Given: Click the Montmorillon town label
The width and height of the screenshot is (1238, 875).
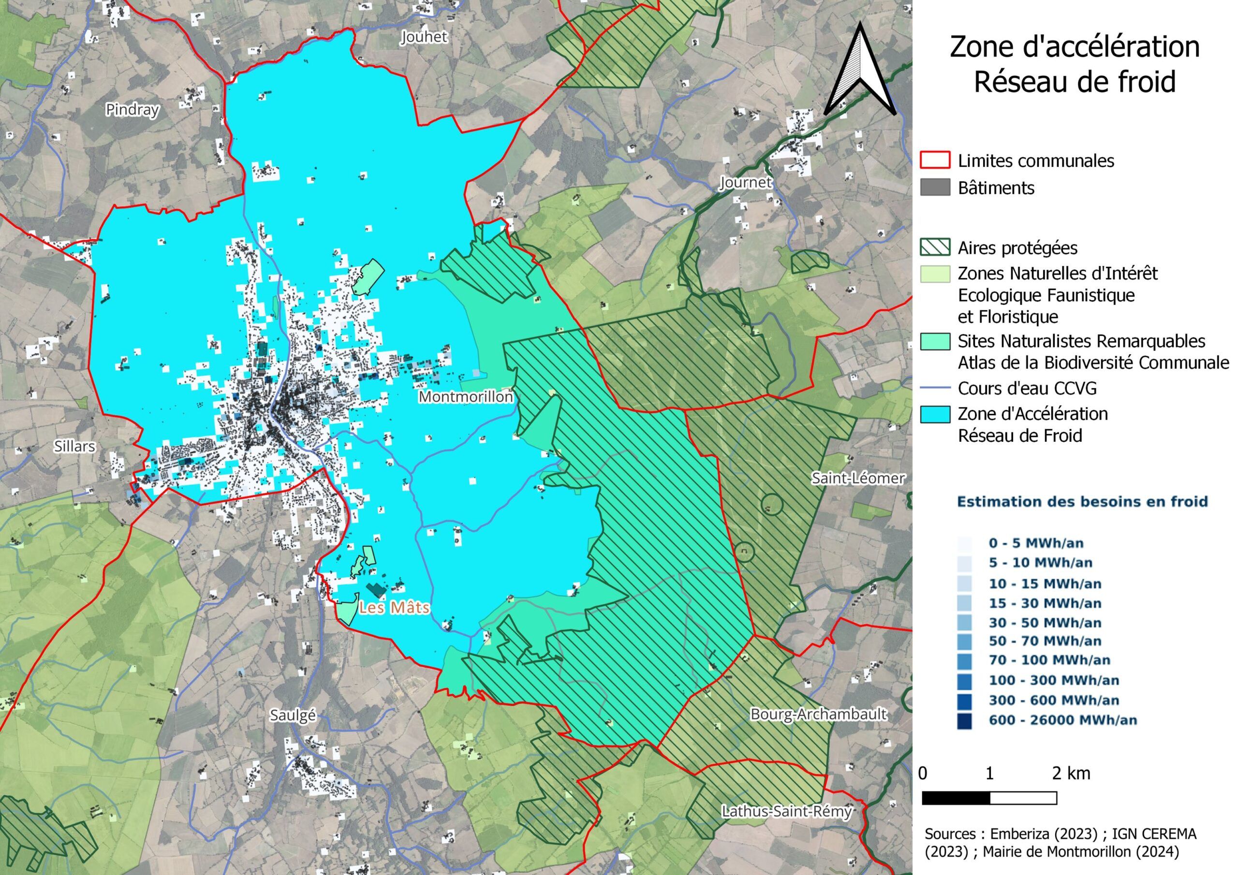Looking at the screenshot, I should [466, 397].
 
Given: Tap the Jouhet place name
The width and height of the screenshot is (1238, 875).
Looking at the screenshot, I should [424, 37].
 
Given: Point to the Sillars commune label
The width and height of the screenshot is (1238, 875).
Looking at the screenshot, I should [74, 446].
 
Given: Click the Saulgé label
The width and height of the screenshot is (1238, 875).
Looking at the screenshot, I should [293, 715].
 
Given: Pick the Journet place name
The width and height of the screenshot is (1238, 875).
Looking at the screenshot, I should [746, 183].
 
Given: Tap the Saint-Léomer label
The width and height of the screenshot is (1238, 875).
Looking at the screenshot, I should [858, 478].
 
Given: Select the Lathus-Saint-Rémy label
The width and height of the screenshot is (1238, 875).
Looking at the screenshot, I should [787, 811].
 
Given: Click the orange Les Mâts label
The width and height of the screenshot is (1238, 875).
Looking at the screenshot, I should [395, 608].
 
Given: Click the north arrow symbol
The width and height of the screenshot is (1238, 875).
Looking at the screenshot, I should [859, 70].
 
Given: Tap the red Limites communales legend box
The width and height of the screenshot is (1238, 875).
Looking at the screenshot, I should [935, 160].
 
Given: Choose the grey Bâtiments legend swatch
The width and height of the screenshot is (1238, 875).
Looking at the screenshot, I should [935, 188].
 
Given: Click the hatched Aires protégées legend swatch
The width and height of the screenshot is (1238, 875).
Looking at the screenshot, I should [935, 248].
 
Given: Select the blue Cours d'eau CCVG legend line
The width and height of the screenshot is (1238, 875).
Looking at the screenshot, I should [935, 388].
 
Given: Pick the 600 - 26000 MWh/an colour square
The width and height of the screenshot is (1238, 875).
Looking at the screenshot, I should [965, 720].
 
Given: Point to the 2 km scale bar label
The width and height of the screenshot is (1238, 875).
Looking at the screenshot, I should [1071, 773].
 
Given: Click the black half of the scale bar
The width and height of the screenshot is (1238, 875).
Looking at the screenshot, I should [956, 798].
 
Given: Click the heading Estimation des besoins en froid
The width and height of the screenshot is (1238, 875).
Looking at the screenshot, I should [1082, 502].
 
